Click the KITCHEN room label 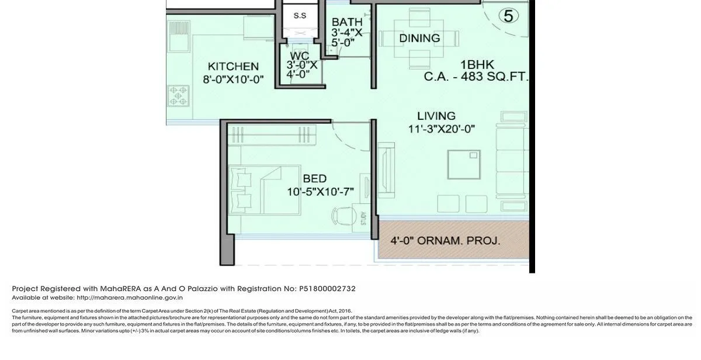click(x=233, y=66)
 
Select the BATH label click(x=347, y=22)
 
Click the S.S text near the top click(x=300, y=16)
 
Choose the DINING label click(x=419, y=39)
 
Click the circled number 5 click(x=508, y=16)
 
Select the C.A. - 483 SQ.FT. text click(x=476, y=77)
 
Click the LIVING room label click(x=436, y=116)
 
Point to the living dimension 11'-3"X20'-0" click(x=442, y=129)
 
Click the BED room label click(x=314, y=179)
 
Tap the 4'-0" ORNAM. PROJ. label click(x=445, y=240)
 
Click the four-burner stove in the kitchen click(x=178, y=96)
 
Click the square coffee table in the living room click(x=464, y=165)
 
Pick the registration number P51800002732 click(x=327, y=289)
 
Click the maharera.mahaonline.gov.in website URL click(x=130, y=297)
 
